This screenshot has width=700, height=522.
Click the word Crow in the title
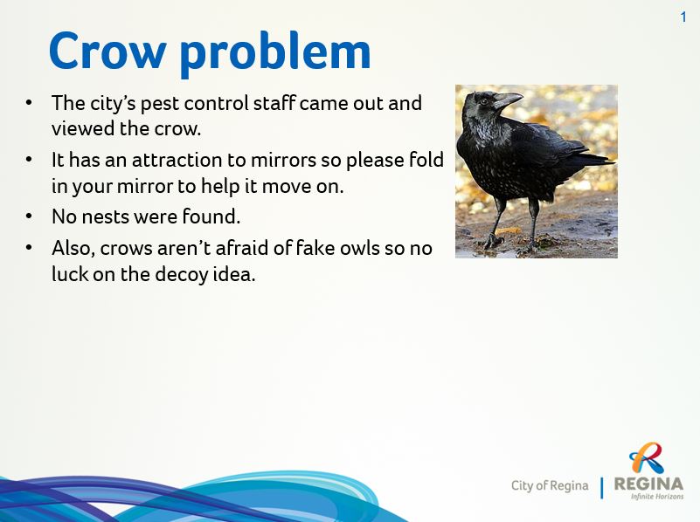(107, 51)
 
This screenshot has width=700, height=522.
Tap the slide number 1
(683, 17)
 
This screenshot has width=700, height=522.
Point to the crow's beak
(508, 100)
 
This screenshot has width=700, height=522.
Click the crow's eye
(483, 101)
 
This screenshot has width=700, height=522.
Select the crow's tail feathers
(593, 158)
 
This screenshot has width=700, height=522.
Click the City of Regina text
(550, 485)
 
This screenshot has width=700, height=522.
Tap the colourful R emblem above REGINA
(647, 457)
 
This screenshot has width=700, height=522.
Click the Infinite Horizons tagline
(657, 496)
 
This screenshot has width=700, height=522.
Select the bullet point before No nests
(29, 216)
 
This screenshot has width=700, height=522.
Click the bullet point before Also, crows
(29, 247)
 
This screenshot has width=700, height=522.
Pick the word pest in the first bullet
(160, 105)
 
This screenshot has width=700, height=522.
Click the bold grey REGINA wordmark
(649, 484)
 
